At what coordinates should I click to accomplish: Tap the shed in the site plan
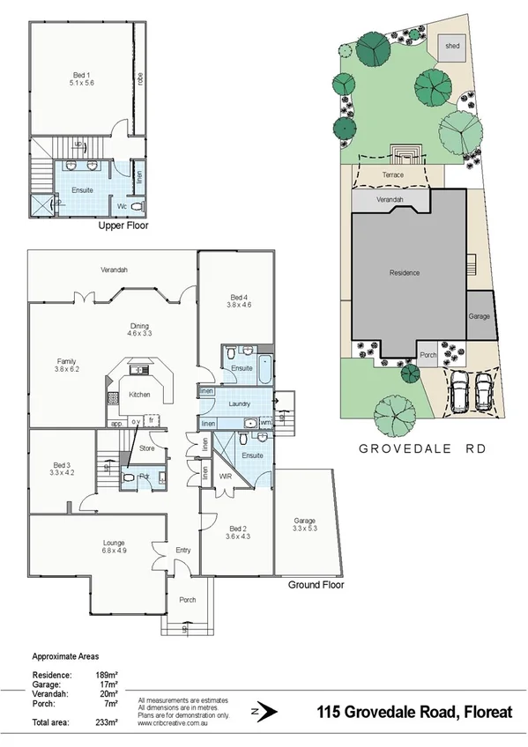[x=452, y=45]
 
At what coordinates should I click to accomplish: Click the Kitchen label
[x=140, y=395]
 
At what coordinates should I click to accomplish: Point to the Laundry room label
[x=240, y=404]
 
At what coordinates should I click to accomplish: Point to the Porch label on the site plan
[x=428, y=355]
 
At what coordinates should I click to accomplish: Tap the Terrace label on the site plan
[x=392, y=175]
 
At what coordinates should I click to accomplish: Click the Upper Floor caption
[x=123, y=226]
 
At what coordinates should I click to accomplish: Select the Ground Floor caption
[x=316, y=584]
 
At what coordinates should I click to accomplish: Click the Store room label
[x=147, y=449]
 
